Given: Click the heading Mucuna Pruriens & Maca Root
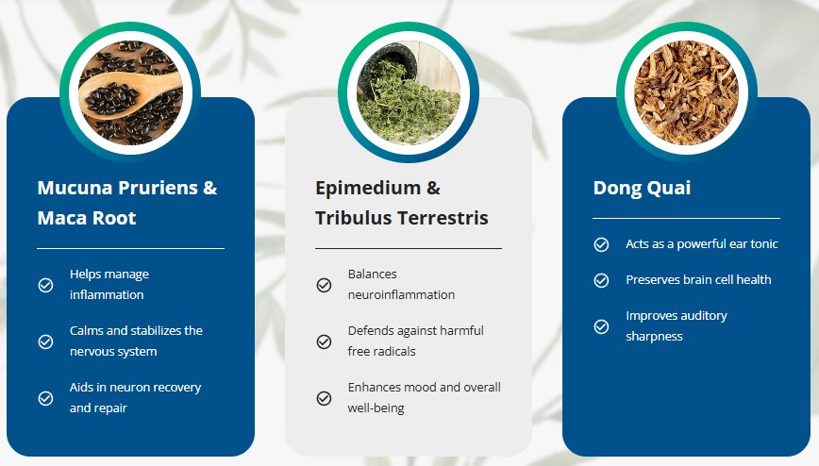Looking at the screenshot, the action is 127,203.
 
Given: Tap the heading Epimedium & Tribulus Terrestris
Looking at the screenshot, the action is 402,203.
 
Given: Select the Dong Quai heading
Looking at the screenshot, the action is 642,188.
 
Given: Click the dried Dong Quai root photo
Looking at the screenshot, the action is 686,92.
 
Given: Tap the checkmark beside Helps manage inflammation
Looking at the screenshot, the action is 45,285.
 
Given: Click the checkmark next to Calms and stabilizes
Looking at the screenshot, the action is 45,341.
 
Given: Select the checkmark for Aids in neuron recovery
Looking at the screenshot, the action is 45,398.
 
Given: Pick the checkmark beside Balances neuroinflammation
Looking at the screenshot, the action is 324,285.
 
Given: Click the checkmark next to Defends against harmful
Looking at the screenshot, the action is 324,341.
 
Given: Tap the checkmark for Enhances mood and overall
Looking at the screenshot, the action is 324,398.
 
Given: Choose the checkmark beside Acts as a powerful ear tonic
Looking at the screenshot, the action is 601,244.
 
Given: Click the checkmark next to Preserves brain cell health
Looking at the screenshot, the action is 601,280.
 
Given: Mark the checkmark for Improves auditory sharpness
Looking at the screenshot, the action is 601,326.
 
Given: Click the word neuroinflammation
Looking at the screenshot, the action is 401,294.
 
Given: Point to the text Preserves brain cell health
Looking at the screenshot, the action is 698,280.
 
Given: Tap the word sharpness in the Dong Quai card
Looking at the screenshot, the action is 654,337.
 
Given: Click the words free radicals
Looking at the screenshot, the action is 381,351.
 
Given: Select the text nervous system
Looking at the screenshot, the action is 113,352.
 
